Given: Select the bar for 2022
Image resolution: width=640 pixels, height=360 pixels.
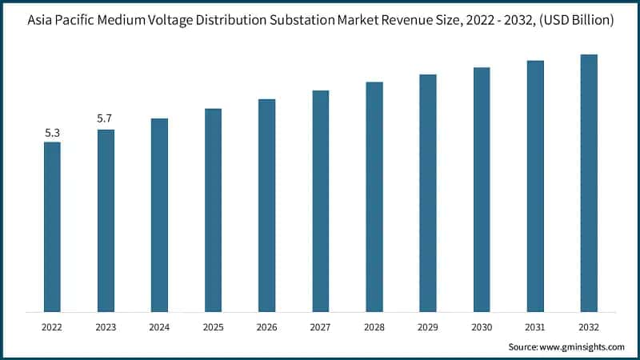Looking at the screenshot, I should point(52,227).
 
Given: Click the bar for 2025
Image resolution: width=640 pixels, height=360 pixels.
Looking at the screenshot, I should point(213,210).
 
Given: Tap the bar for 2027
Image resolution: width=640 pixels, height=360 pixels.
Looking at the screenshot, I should point(320,201).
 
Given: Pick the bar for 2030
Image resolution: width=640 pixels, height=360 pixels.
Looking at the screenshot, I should point(482,190).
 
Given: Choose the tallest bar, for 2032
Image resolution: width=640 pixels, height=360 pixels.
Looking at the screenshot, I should point(589,183).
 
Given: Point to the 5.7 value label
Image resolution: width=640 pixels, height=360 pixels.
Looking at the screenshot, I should point(105,119).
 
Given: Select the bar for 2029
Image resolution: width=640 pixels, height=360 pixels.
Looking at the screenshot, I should point(428,193).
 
